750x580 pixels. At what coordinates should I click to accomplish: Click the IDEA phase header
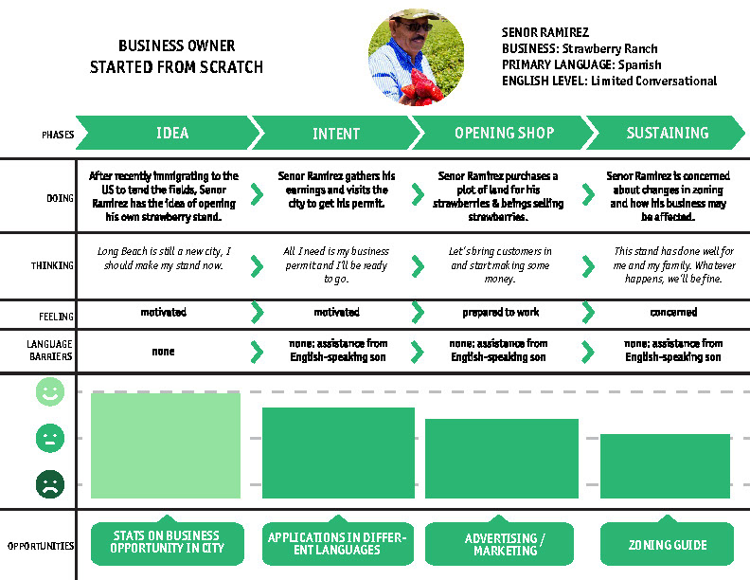point(171,134)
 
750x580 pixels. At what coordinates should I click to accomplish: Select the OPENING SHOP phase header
point(504,134)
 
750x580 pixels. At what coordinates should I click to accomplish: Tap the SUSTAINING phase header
point(667,134)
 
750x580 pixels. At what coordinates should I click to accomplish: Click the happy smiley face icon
point(50,393)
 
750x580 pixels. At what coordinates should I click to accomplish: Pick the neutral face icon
point(50,439)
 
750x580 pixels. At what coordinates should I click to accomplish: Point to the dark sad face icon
point(50,485)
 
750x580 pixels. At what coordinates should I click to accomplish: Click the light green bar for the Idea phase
point(166,445)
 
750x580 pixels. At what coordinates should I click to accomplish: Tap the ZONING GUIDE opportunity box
point(667,545)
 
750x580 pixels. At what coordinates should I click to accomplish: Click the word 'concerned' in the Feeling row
point(673,312)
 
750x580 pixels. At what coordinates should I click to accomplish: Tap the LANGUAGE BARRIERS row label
point(50,351)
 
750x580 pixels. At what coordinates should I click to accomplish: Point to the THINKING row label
point(53,265)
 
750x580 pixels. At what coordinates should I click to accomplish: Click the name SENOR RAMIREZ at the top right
point(545,32)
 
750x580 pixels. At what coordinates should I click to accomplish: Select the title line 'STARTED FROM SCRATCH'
point(176,67)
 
